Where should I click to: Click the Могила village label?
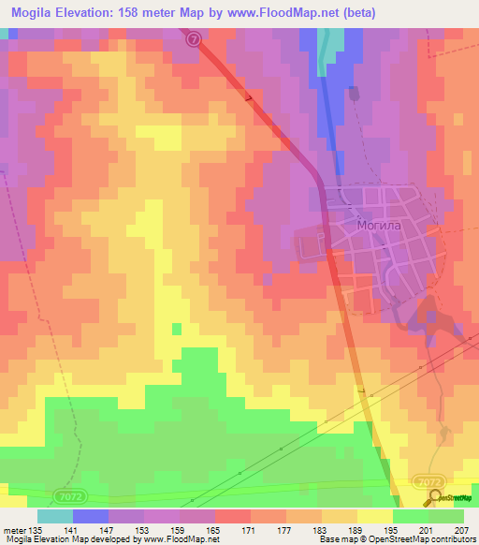(x=379, y=226)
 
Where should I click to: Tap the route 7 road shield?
(x=193, y=38)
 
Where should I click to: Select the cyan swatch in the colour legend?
(x=55, y=516)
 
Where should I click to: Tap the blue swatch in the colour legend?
(x=91, y=516)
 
